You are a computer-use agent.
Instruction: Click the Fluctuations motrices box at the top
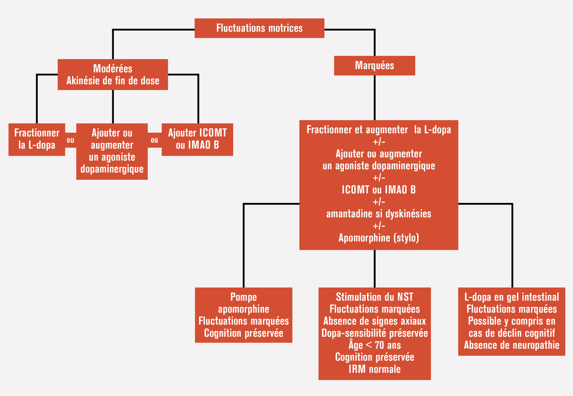coord(259,28)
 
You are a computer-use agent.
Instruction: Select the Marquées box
coord(374,65)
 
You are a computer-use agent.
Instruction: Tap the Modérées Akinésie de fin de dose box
coord(112,74)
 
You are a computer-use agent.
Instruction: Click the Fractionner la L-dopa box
coord(37,139)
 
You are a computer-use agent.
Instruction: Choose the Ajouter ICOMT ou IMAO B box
coord(197,139)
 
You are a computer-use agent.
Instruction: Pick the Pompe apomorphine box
coord(244,315)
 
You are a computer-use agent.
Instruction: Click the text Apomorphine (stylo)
coord(379,237)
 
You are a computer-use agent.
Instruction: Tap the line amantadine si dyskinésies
coord(379,214)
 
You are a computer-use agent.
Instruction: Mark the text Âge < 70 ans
coord(374,345)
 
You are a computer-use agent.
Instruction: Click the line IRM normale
coord(374,369)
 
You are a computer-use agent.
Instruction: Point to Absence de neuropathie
coord(511,345)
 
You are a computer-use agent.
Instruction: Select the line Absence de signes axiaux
coord(374,321)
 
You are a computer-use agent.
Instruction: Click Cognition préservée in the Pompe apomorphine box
coord(244,333)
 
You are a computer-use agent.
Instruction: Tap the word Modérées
coord(112,69)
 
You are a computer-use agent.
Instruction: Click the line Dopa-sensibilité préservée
coord(374,333)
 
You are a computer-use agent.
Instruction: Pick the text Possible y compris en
coord(511,321)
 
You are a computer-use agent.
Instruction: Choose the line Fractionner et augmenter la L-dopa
coord(379,130)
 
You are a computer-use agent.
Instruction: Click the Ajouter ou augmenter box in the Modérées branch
coord(112,151)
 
